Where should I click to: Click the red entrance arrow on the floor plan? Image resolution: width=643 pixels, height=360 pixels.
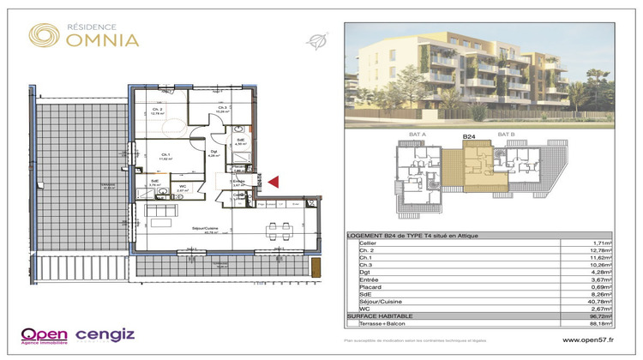pos(273,181)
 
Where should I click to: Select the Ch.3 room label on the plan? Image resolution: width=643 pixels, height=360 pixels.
pos(221,108)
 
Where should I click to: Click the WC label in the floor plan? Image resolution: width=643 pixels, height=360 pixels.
pos(183,186)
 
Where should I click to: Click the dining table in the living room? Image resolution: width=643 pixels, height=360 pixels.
pos(277,230)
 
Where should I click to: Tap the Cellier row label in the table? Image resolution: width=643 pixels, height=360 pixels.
pos(370,244)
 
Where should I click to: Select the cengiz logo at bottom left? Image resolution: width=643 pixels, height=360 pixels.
pos(105,334)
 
